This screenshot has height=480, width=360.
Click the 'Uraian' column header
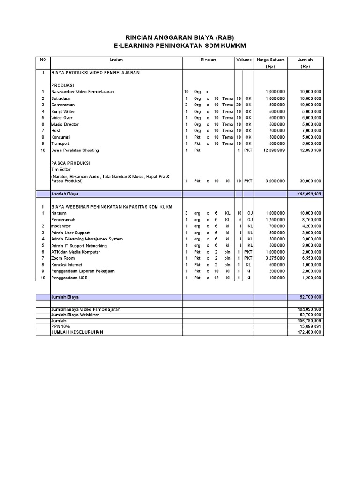[x=116, y=60]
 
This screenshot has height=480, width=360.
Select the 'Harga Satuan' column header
[x=270, y=60]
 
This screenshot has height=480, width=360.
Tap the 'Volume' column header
[x=244, y=60]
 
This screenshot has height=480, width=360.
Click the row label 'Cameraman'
[x=63, y=105]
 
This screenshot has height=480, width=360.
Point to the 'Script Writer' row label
[x=63, y=112]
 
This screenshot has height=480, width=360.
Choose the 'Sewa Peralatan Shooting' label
[x=75, y=150]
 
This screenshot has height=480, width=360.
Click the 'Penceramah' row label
[x=63, y=219]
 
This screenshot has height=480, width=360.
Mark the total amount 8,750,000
[x=311, y=219]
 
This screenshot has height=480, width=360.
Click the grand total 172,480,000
[x=309, y=332]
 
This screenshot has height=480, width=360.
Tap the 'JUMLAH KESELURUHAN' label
[x=77, y=332]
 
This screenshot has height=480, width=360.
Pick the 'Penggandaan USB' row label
[x=69, y=278]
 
